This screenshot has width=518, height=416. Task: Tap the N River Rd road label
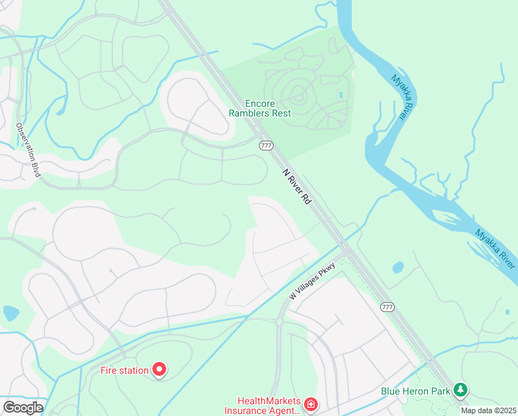click(296, 186)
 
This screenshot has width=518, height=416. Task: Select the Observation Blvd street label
click(28, 150)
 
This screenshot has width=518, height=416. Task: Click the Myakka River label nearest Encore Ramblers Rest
click(398, 97)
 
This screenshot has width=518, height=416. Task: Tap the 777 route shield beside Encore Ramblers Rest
click(266, 146)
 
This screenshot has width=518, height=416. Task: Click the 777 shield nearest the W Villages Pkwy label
click(388, 306)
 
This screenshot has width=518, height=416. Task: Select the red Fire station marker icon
click(159, 370)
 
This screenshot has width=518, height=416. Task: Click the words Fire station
click(125, 370)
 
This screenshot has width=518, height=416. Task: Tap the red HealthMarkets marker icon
click(311, 404)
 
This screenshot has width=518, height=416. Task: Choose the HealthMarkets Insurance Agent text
click(268, 406)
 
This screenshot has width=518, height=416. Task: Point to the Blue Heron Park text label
click(416, 391)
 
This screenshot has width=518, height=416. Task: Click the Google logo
click(22, 408)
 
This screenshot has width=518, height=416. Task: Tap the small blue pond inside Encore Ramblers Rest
click(339, 94)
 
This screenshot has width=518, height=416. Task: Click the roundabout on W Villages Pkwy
click(279, 322)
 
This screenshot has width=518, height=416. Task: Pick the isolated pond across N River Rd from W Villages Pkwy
click(398, 267)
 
